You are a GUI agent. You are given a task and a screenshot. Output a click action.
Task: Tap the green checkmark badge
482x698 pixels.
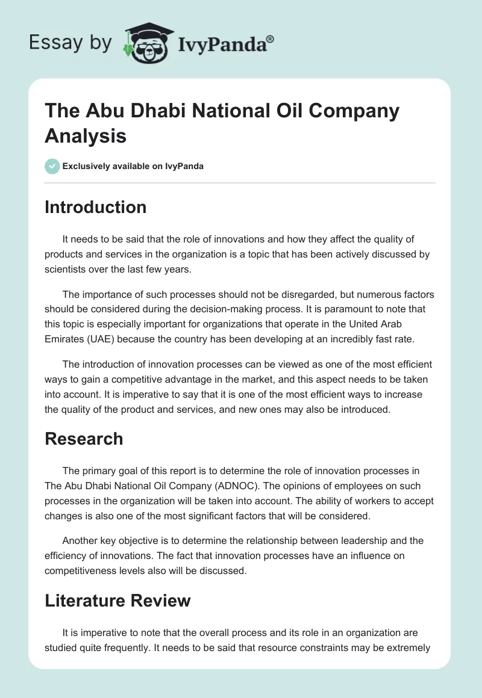52,166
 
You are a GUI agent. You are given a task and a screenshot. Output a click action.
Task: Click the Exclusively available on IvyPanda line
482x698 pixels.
133,166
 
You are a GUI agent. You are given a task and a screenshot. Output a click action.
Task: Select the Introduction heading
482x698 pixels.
96,207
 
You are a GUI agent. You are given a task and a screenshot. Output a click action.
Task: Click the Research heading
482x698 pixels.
84,439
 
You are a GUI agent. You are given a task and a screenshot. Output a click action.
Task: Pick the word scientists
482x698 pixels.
67,269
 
